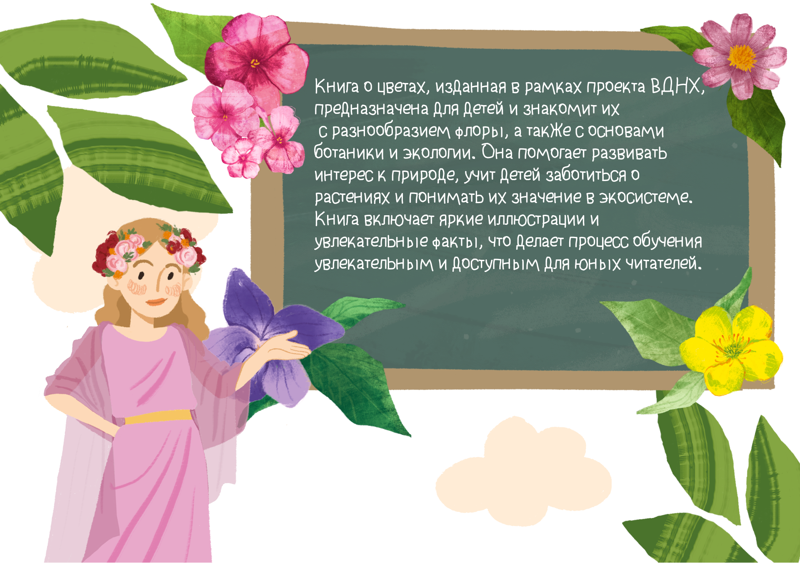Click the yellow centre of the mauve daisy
(x=742, y=58)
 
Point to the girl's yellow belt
(x=158, y=416)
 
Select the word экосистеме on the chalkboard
(x=645, y=196)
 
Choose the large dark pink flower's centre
(x=255, y=63)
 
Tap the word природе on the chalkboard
(x=425, y=175)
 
